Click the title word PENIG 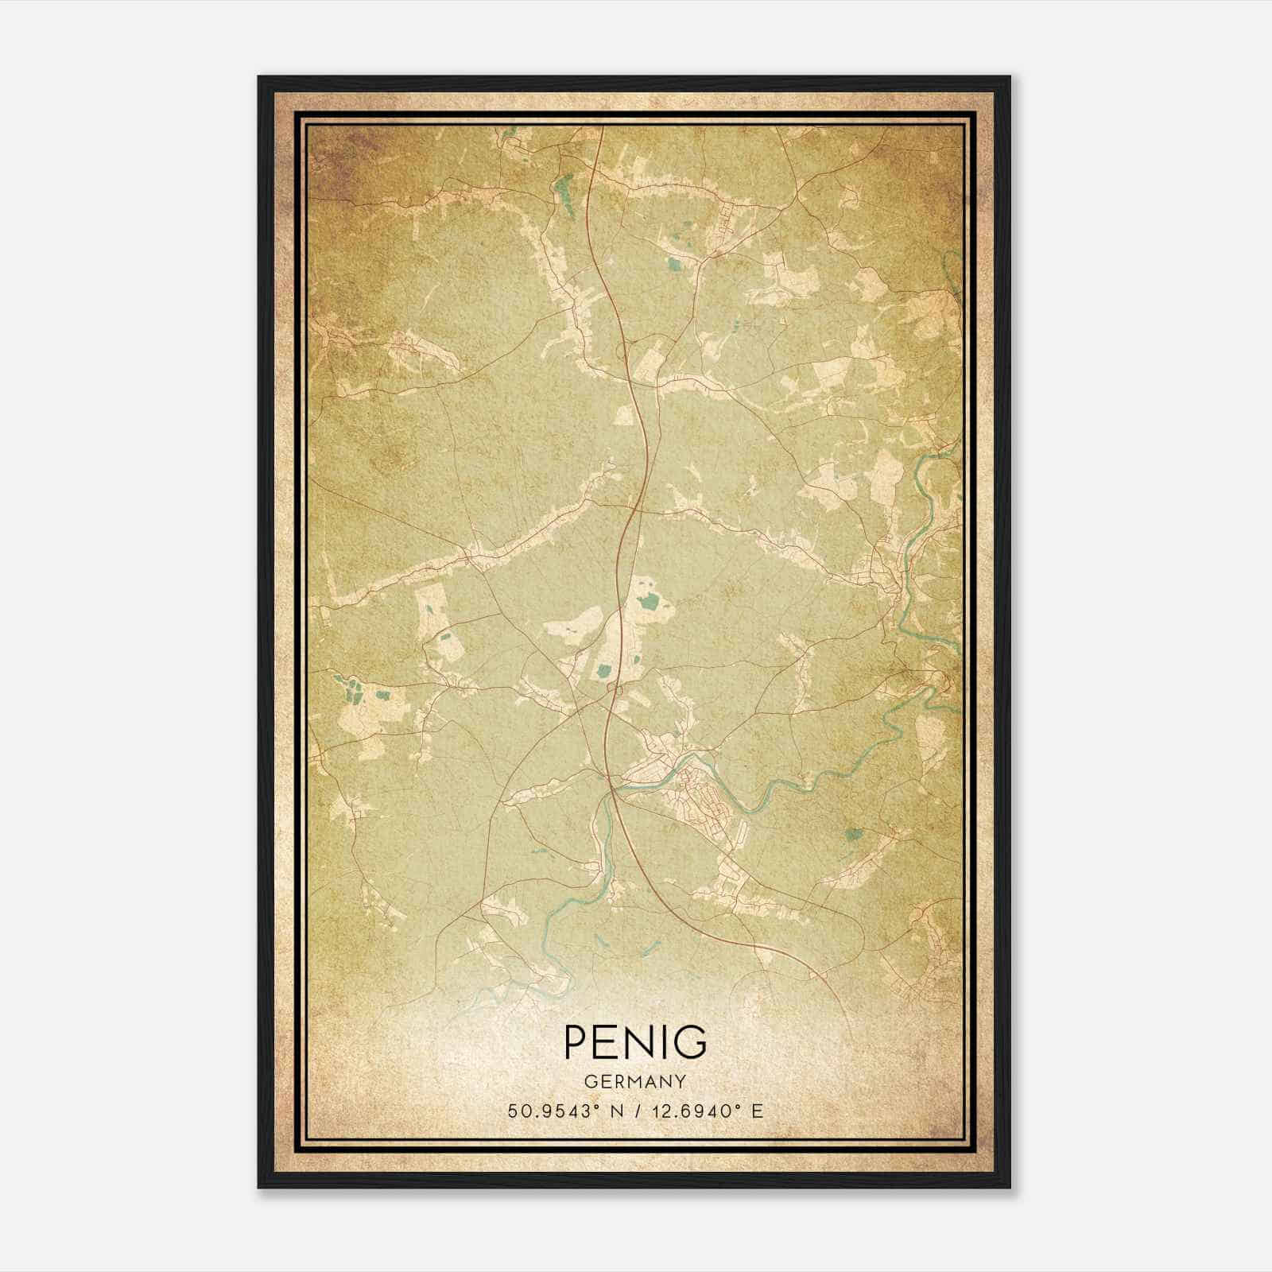[635, 1041]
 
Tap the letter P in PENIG [577, 1041]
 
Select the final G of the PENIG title [692, 1041]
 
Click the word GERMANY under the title [635, 1081]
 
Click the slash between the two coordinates [636, 1111]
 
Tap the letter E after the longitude [758, 1111]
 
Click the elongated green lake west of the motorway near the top [567, 195]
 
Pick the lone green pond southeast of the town [855, 835]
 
